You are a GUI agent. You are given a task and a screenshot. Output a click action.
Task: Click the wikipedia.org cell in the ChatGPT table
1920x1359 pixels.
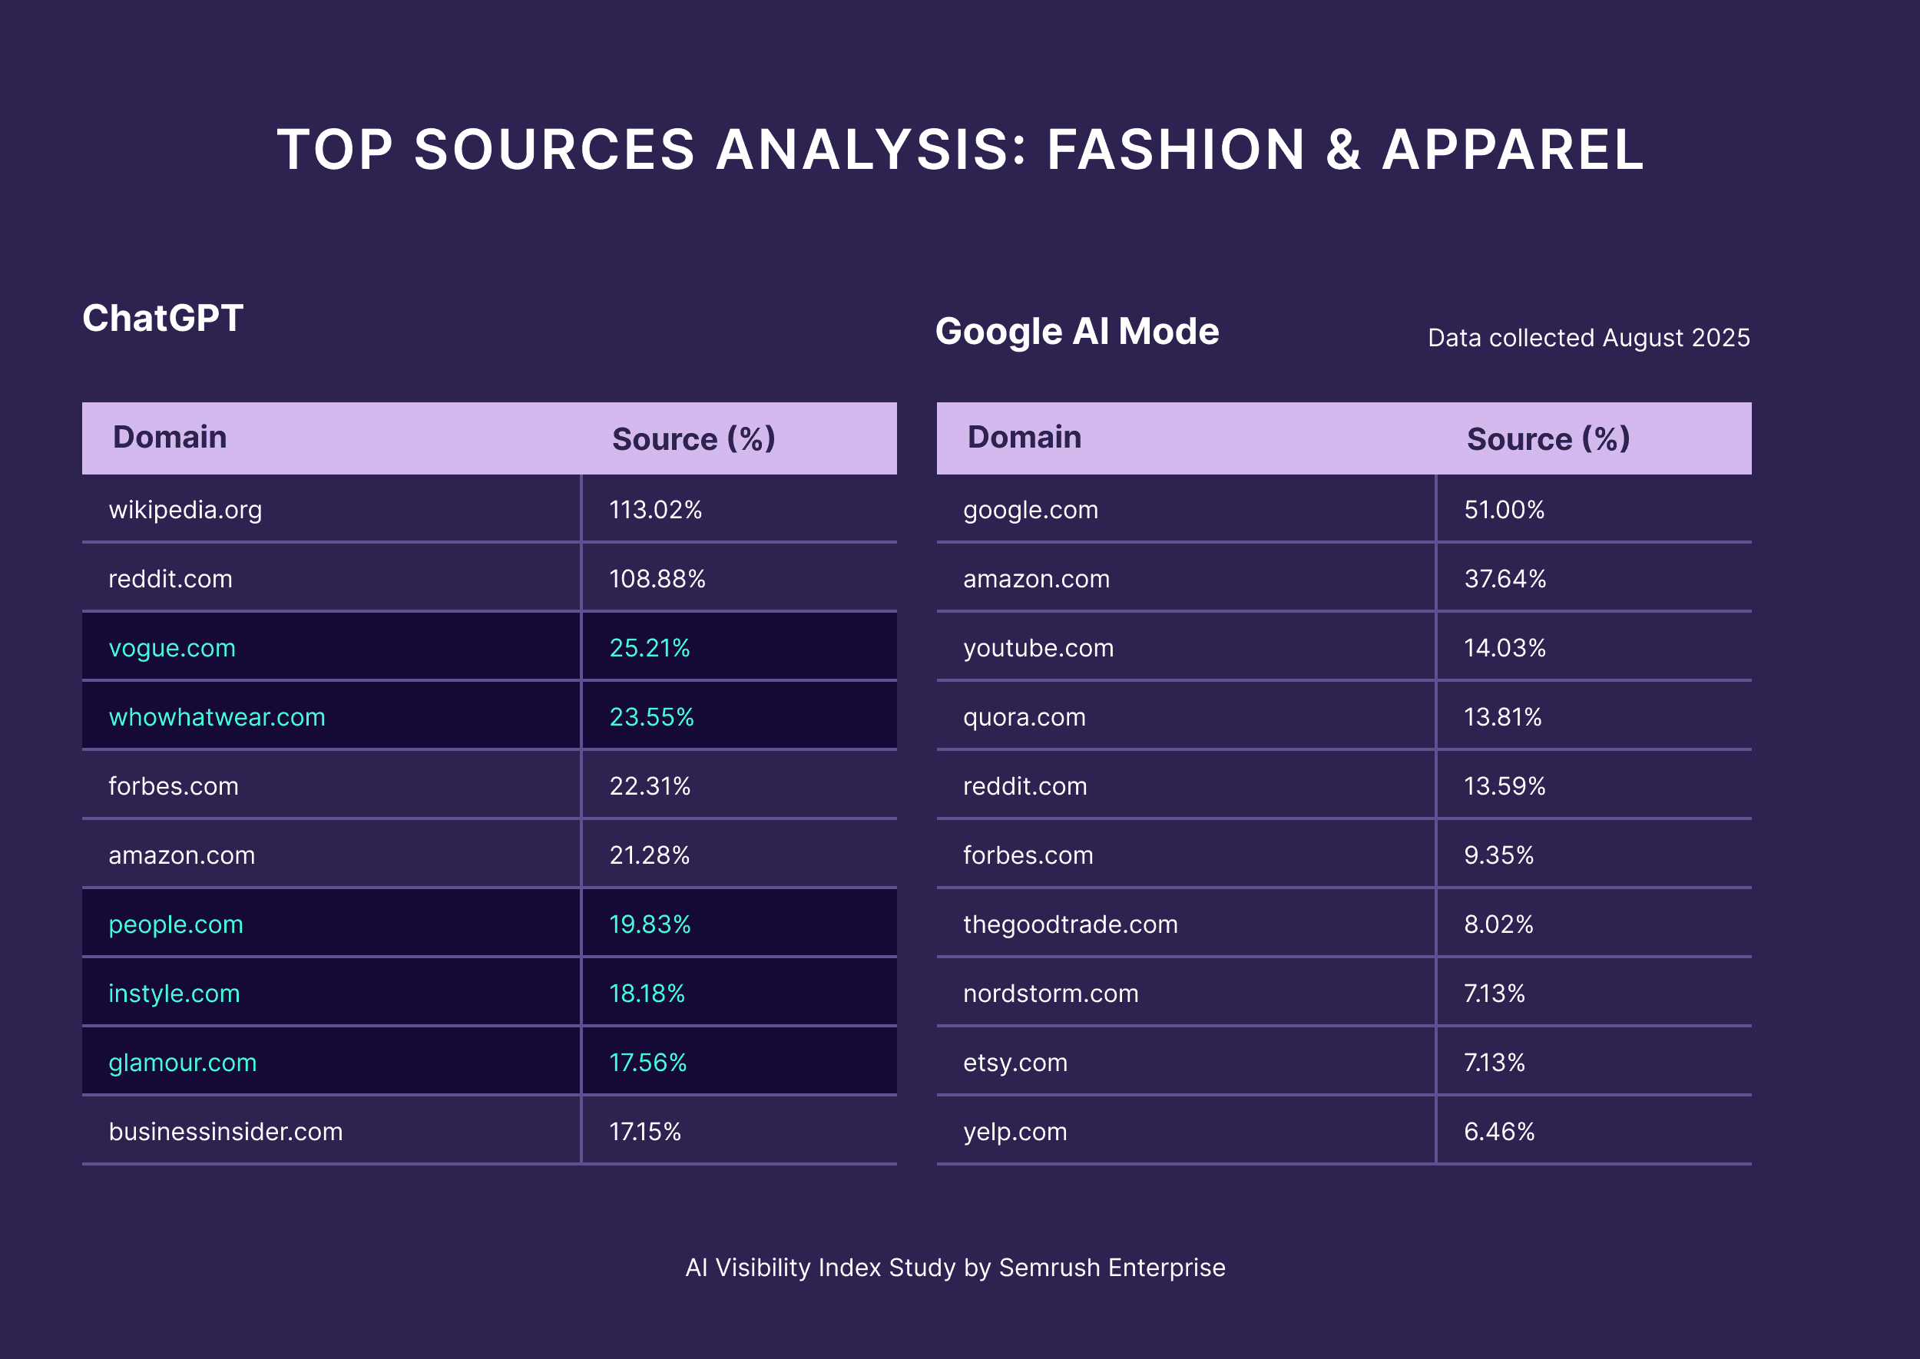tap(185, 510)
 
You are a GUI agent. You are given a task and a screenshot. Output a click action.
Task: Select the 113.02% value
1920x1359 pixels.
tap(655, 510)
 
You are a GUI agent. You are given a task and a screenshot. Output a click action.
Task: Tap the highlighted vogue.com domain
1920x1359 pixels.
tap(171, 648)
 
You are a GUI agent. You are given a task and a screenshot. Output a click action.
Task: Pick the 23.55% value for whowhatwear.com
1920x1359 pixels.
tap(651, 717)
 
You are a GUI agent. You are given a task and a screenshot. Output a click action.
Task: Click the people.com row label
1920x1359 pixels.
tap(176, 924)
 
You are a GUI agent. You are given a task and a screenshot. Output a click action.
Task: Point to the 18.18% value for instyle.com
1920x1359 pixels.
tap(647, 994)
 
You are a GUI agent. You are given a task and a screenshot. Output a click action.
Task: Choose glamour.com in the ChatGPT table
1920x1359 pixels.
tap(183, 1063)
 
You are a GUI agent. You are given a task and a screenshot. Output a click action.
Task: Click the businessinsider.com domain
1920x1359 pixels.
tap(225, 1132)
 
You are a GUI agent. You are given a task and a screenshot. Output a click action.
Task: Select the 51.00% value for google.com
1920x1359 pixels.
tap(1504, 510)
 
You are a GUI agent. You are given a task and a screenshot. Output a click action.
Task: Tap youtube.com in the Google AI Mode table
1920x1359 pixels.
tap(1038, 648)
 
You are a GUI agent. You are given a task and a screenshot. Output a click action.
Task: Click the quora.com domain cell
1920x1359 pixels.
tap(1025, 717)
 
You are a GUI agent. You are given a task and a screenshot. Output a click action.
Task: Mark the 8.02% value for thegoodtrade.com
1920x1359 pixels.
tap(1498, 924)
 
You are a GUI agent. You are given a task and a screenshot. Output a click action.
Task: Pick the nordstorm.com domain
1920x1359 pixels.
tap(1051, 994)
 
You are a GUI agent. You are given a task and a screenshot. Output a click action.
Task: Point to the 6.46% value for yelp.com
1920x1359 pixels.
tap(1499, 1132)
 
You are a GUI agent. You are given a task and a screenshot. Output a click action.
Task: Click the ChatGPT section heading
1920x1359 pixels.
tap(162, 318)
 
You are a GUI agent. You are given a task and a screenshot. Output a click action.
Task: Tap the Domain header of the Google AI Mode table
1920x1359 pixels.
tap(1024, 437)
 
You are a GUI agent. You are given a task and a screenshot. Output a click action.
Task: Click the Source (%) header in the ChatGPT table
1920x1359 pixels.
tap(694, 438)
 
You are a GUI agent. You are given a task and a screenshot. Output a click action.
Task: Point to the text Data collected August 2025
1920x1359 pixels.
tap(1587, 337)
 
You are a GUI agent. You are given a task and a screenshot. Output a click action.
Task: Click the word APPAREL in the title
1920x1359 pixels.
tap(1512, 150)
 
